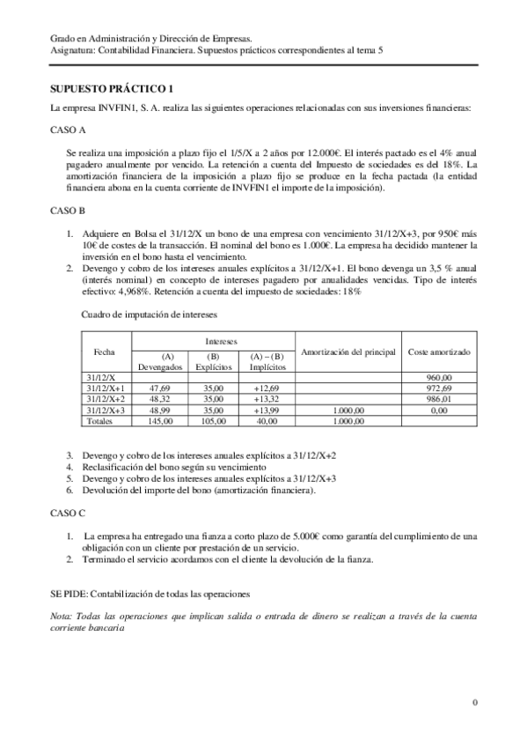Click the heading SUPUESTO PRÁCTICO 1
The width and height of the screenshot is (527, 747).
113,89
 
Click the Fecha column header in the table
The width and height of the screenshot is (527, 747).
104,351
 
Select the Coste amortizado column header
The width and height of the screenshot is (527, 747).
439,351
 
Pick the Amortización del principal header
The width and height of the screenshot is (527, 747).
346,351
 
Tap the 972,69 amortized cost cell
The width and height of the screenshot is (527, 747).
439,388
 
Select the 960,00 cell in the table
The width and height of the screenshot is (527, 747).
439,376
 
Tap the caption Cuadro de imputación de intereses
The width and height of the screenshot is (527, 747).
149,314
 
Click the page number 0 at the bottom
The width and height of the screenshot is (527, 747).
474,702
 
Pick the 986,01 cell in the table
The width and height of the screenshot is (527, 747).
439,399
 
